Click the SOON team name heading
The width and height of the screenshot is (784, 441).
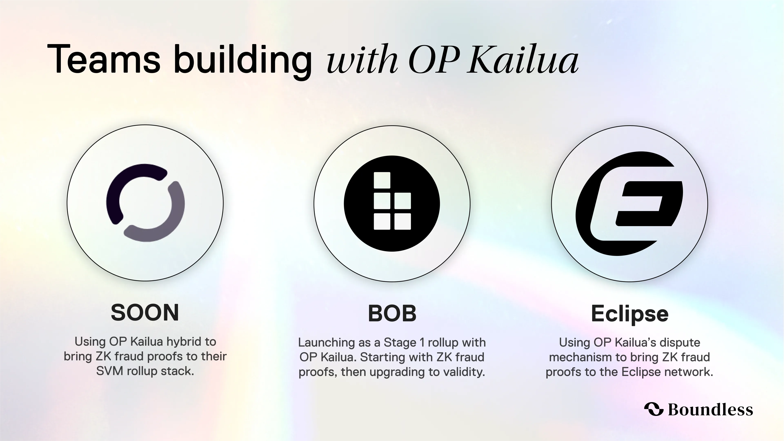pos(145,313)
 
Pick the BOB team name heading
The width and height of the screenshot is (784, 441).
pos(392,313)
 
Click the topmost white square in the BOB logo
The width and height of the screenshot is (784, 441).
pos(382,180)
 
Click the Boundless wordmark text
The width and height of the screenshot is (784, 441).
pos(710,409)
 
